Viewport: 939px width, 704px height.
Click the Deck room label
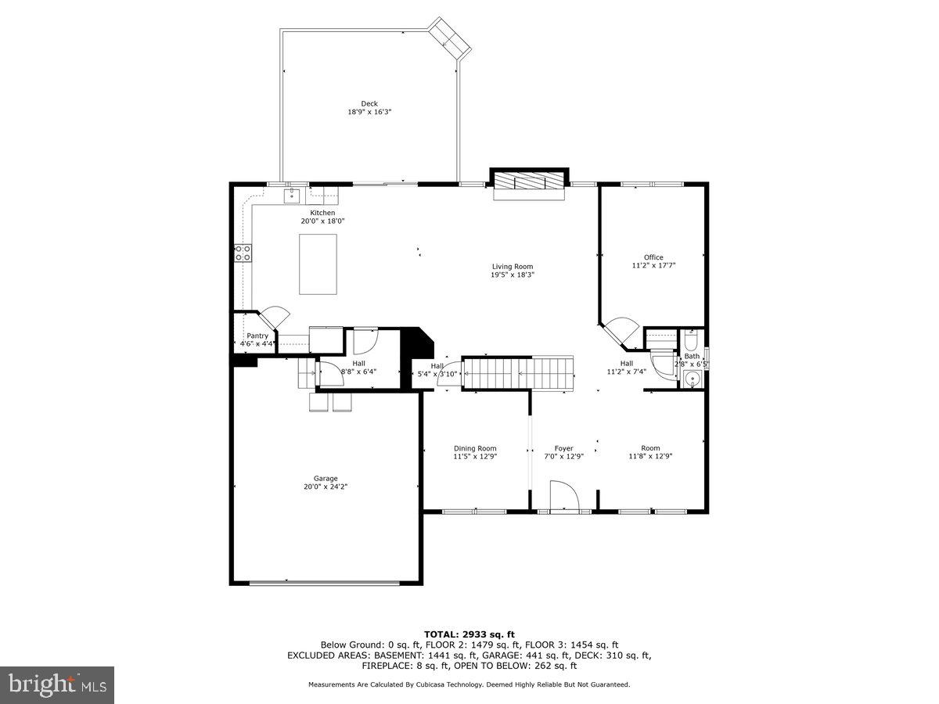(x=369, y=104)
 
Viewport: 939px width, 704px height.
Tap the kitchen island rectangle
(x=318, y=264)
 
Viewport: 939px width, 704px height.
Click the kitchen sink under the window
(x=293, y=195)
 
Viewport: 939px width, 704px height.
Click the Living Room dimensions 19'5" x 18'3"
(x=513, y=275)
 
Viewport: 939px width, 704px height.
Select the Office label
(x=653, y=257)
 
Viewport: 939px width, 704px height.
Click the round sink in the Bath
(x=691, y=379)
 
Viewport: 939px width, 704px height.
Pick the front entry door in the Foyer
(x=563, y=497)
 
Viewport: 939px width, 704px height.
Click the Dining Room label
(x=475, y=448)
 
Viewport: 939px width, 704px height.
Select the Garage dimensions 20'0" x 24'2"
(x=326, y=487)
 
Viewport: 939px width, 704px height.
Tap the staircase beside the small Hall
(x=517, y=373)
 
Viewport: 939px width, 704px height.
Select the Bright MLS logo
(x=57, y=685)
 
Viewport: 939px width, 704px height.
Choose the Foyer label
(x=563, y=448)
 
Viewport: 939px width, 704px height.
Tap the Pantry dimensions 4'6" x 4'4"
(x=257, y=343)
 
